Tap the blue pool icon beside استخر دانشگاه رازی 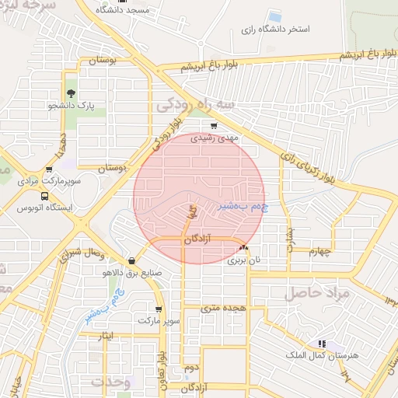click(x=274, y=16)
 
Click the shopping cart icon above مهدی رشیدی click(x=215, y=124)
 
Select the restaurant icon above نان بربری click(x=243, y=247)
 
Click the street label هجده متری click(x=223, y=308)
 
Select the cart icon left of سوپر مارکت click(x=138, y=309)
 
